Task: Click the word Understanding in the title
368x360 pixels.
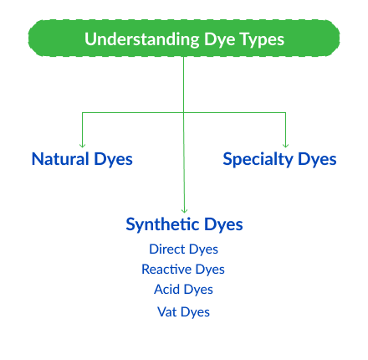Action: [x=142, y=39]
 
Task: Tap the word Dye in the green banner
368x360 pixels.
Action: [x=220, y=39]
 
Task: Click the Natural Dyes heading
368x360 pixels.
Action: [x=82, y=158]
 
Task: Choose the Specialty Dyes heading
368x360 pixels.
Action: [x=279, y=158]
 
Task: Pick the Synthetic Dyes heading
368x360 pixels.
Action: [x=184, y=224]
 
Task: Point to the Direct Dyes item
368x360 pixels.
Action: [x=184, y=249]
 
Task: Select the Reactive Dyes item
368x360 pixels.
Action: [x=183, y=270]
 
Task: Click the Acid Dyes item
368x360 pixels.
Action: [x=183, y=290]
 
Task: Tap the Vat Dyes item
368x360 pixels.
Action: [x=184, y=311]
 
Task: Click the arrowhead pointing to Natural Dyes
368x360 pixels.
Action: [x=82, y=143]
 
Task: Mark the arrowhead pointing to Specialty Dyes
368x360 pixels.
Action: [x=286, y=143]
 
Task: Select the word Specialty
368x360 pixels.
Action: [x=256, y=158]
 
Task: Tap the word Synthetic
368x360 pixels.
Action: [x=163, y=224]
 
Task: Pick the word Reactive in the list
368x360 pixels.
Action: [x=166, y=270]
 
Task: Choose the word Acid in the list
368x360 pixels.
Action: [x=167, y=290]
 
